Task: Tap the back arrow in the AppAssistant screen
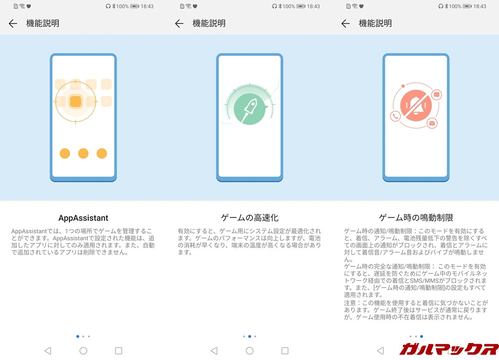click(13, 23)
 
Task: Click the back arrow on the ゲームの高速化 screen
click(179, 23)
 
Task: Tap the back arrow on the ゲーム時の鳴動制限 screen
click(345, 23)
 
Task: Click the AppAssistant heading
click(83, 218)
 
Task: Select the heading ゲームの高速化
click(249, 218)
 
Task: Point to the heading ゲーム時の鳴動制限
click(416, 218)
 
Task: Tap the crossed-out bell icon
click(416, 105)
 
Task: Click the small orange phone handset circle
click(396, 117)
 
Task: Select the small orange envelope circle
click(432, 123)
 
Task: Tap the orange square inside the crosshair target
click(75, 102)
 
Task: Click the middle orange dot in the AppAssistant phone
click(83, 154)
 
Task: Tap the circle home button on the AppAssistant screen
click(83, 351)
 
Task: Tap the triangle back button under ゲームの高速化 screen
click(214, 351)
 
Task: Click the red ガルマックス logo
click(449, 349)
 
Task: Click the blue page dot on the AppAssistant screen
click(78, 337)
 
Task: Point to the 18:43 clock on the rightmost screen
click(480, 6)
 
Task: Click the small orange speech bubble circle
click(437, 95)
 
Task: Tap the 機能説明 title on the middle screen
click(209, 23)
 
